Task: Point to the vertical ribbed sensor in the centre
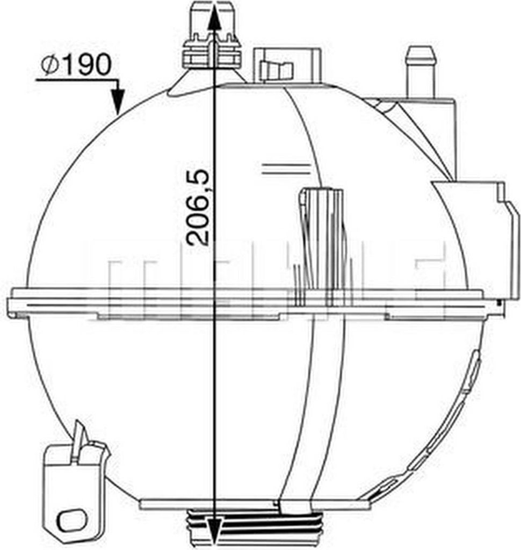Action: [321, 236]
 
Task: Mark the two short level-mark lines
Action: [286, 169]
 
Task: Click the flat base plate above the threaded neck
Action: [252, 505]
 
